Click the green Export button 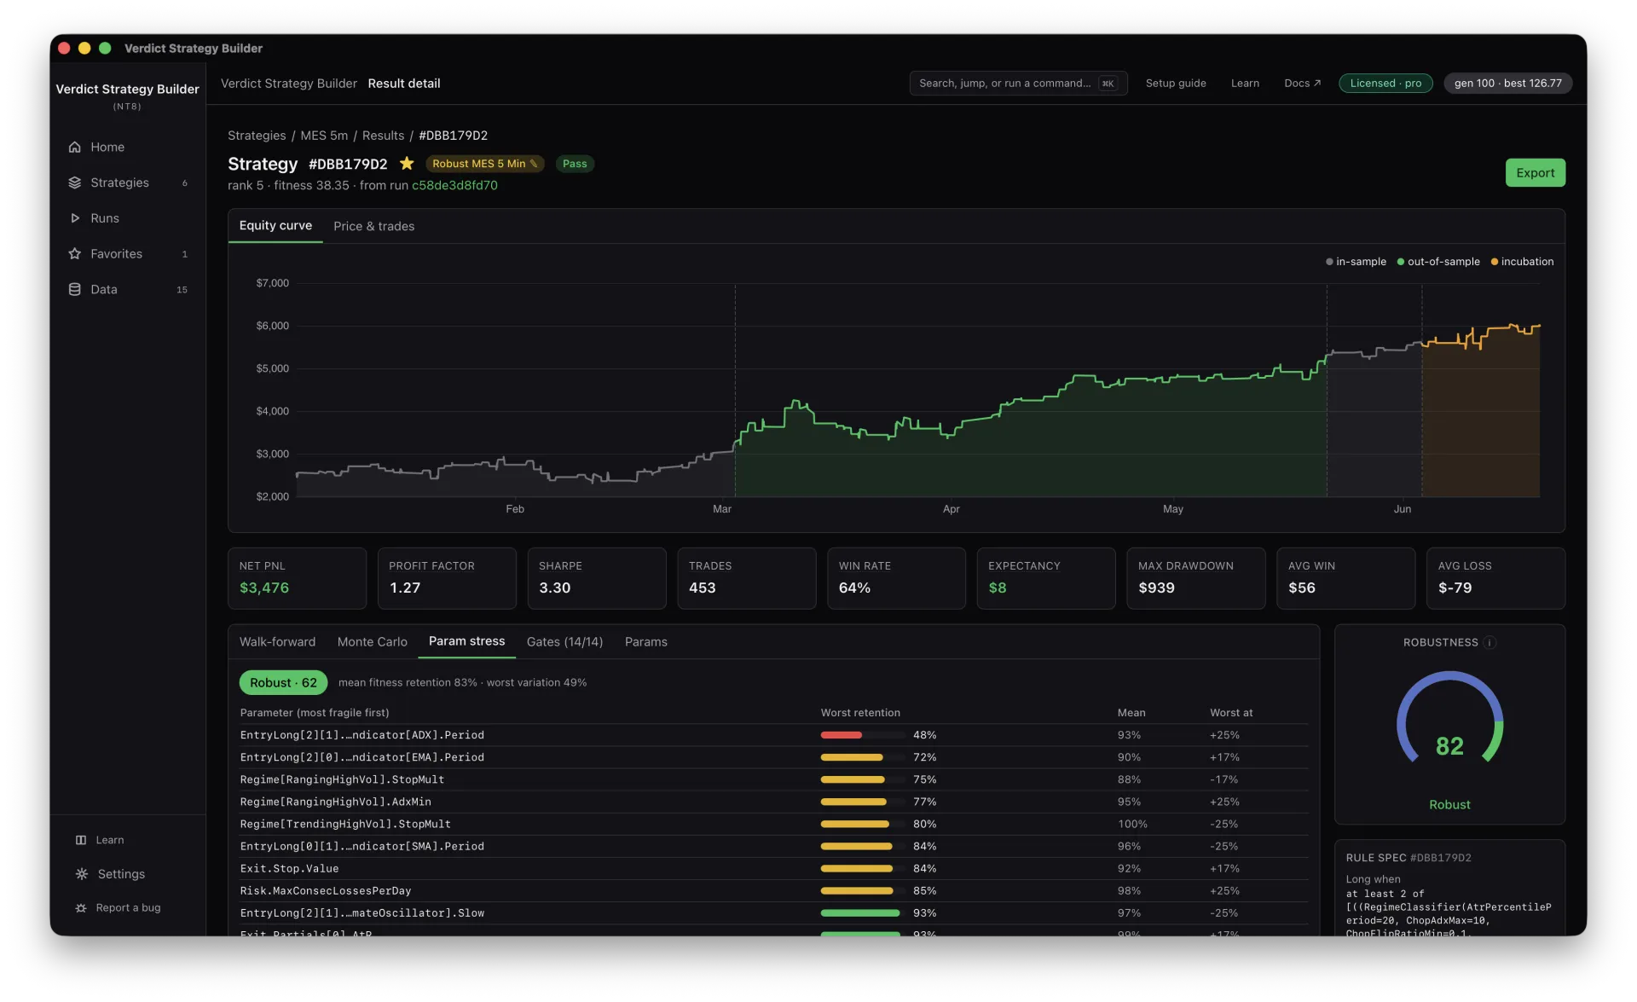point(1535,173)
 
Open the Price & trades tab point(373,226)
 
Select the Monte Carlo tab point(372,642)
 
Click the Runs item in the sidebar point(105,218)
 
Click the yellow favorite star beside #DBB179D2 point(407,163)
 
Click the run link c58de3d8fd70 point(454,185)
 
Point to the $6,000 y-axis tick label point(273,326)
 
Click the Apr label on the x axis point(951,509)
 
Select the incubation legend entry point(1522,262)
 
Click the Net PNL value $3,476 point(264,588)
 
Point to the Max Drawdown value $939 point(1156,588)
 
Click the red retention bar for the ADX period point(842,735)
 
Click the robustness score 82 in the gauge point(1449,746)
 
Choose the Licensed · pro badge point(1385,84)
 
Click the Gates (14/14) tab point(564,642)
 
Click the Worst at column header point(1231,713)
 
